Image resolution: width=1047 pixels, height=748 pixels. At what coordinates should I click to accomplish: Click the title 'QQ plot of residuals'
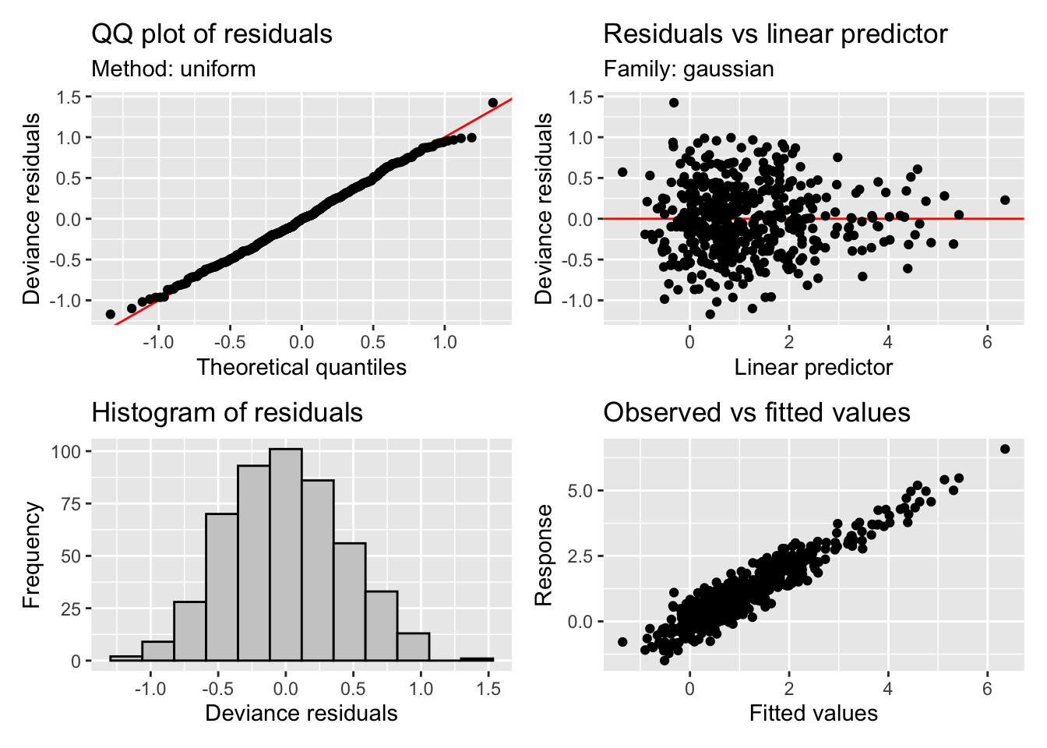tap(212, 34)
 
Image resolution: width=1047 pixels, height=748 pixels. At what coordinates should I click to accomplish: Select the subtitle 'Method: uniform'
tap(174, 69)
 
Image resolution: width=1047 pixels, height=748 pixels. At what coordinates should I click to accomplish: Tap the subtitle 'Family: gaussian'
tap(689, 69)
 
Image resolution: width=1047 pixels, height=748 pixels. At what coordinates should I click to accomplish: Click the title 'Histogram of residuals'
tap(227, 412)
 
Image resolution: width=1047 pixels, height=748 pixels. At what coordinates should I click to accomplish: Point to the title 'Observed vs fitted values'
tap(756, 412)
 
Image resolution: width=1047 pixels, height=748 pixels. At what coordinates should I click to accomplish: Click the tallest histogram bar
tap(286, 555)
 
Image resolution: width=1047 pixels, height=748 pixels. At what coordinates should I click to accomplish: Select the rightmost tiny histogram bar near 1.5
tap(477, 660)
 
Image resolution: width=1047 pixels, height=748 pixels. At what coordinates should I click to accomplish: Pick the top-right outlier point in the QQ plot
tap(493, 103)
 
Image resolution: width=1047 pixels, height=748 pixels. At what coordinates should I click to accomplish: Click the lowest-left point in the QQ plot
tap(111, 314)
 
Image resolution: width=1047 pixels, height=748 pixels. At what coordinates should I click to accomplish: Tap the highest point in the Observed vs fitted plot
tap(1005, 449)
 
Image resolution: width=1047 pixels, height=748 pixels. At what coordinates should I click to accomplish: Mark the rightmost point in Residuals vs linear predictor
tap(1005, 200)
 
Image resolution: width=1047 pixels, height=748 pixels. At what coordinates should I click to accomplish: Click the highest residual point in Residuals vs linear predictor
tap(674, 103)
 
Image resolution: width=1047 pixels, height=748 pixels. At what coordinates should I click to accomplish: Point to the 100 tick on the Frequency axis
tap(65, 451)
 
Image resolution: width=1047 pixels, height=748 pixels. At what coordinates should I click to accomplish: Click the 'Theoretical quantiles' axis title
tap(301, 367)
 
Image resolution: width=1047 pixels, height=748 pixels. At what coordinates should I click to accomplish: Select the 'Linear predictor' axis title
tap(813, 367)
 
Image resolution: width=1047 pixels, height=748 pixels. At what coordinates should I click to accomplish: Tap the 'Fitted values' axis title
tap(813, 713)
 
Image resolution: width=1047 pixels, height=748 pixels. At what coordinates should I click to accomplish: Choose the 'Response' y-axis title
tap(544, 555)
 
